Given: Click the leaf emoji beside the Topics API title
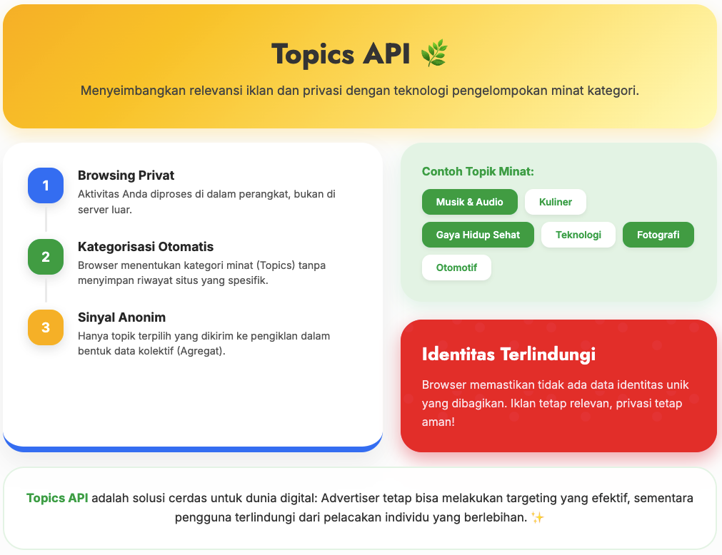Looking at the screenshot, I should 433,54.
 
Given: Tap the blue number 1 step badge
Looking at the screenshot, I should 46,185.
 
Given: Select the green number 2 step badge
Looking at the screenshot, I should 46,257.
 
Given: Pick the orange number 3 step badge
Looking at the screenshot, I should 46,327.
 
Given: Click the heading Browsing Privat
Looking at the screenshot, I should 126,175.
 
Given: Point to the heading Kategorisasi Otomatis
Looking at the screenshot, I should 146,247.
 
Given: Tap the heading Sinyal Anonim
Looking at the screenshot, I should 121,317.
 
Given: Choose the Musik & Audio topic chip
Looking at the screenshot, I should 469,202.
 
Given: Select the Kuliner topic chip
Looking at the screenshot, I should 556,202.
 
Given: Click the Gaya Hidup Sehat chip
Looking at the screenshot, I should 478,235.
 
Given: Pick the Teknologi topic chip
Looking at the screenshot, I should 578,235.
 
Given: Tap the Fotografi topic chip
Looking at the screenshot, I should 658,235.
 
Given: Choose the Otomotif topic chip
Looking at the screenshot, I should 456,268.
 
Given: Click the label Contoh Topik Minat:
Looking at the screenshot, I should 478,171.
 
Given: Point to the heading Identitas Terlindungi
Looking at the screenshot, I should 508,354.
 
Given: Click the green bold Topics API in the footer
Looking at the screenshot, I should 57,498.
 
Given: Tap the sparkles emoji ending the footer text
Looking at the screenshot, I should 537,517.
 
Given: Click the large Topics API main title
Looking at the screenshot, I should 341,54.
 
